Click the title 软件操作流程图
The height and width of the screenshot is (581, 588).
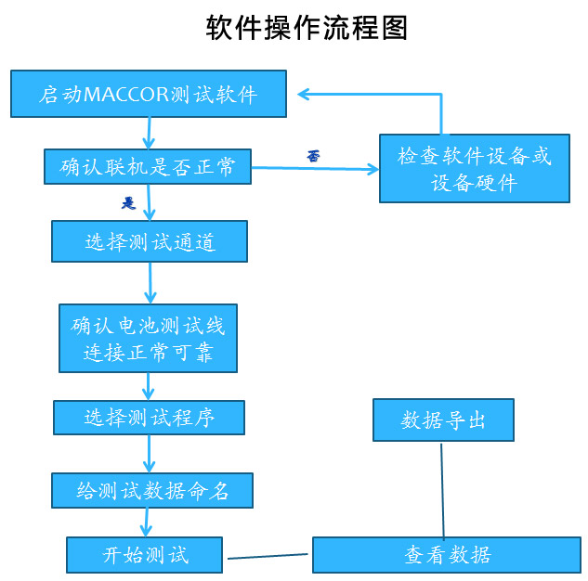pyautogui.click(x=306, y=27)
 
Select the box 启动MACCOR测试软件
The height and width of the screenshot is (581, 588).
pyautogui.click(x=148, y=95)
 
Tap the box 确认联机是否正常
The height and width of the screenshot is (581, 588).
pyautogui.click(x=148, y=168)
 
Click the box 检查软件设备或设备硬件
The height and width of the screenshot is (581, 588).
pyautogui.click(x=474, y=168)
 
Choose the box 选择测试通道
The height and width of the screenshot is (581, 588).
pyautogui.click(x=150, y=241)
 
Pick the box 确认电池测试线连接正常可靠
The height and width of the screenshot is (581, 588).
pyautogui.click(x=148, y=338)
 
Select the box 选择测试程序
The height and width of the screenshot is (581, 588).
pyautogui.click(x=149, y=418)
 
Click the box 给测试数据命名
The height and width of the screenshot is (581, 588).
pyautogui.click(x=151, y=490)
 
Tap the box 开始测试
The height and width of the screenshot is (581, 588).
pyautogui.click(x=145, y=555)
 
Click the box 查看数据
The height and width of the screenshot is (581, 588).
pyautogui.click(x=447, y=555)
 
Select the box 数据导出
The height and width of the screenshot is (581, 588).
pyautogui.click(x=443, y=420)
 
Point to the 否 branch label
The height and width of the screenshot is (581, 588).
pyautogui.click(x=313, y=156)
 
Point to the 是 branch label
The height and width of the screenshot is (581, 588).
pyautogui.click(x=129, y=202)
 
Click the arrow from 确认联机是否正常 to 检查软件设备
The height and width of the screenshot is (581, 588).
pyautogui.click(x=316, y=169)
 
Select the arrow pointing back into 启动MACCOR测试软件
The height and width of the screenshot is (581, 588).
pyautogui.click(x=372, y=94)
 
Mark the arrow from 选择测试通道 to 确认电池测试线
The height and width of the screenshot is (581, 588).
pyautogui.click(x=150, y=282)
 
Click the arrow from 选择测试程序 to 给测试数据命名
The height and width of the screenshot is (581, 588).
pyautogui.click(x=149, y=454)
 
